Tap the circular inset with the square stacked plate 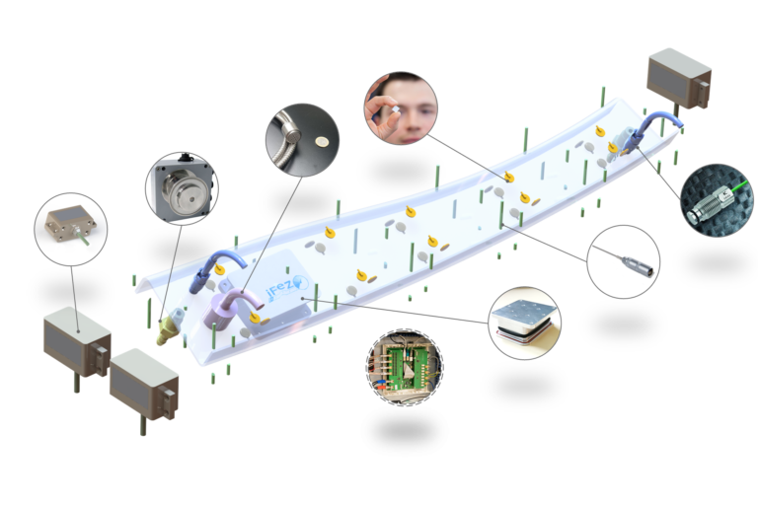(524, 320)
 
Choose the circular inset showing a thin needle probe (623, 260)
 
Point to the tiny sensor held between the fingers (390, 114)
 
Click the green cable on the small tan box (85, 236)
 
